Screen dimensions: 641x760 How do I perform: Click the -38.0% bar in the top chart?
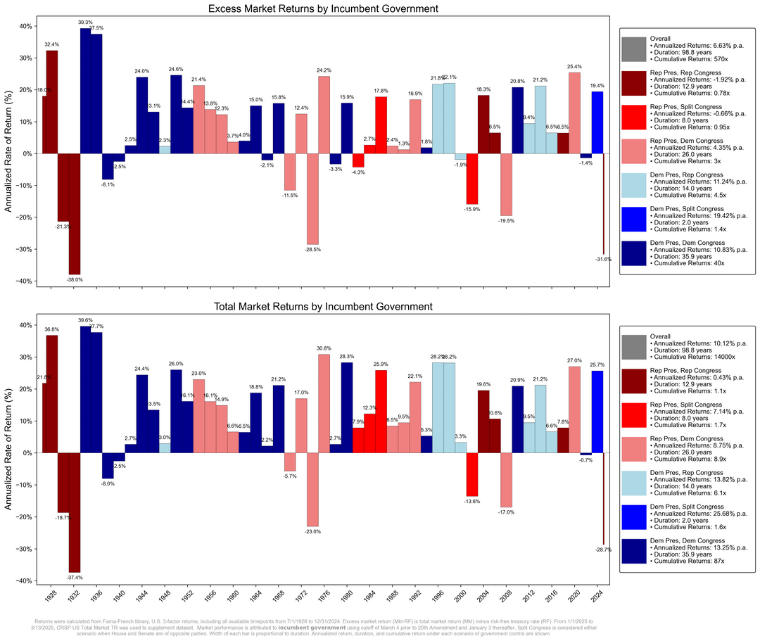75,214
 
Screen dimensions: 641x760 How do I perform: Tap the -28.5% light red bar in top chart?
312,198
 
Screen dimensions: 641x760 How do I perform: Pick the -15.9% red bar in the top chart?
472,179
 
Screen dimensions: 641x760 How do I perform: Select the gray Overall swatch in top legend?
633,49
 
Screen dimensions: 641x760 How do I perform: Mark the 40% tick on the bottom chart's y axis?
23,325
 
